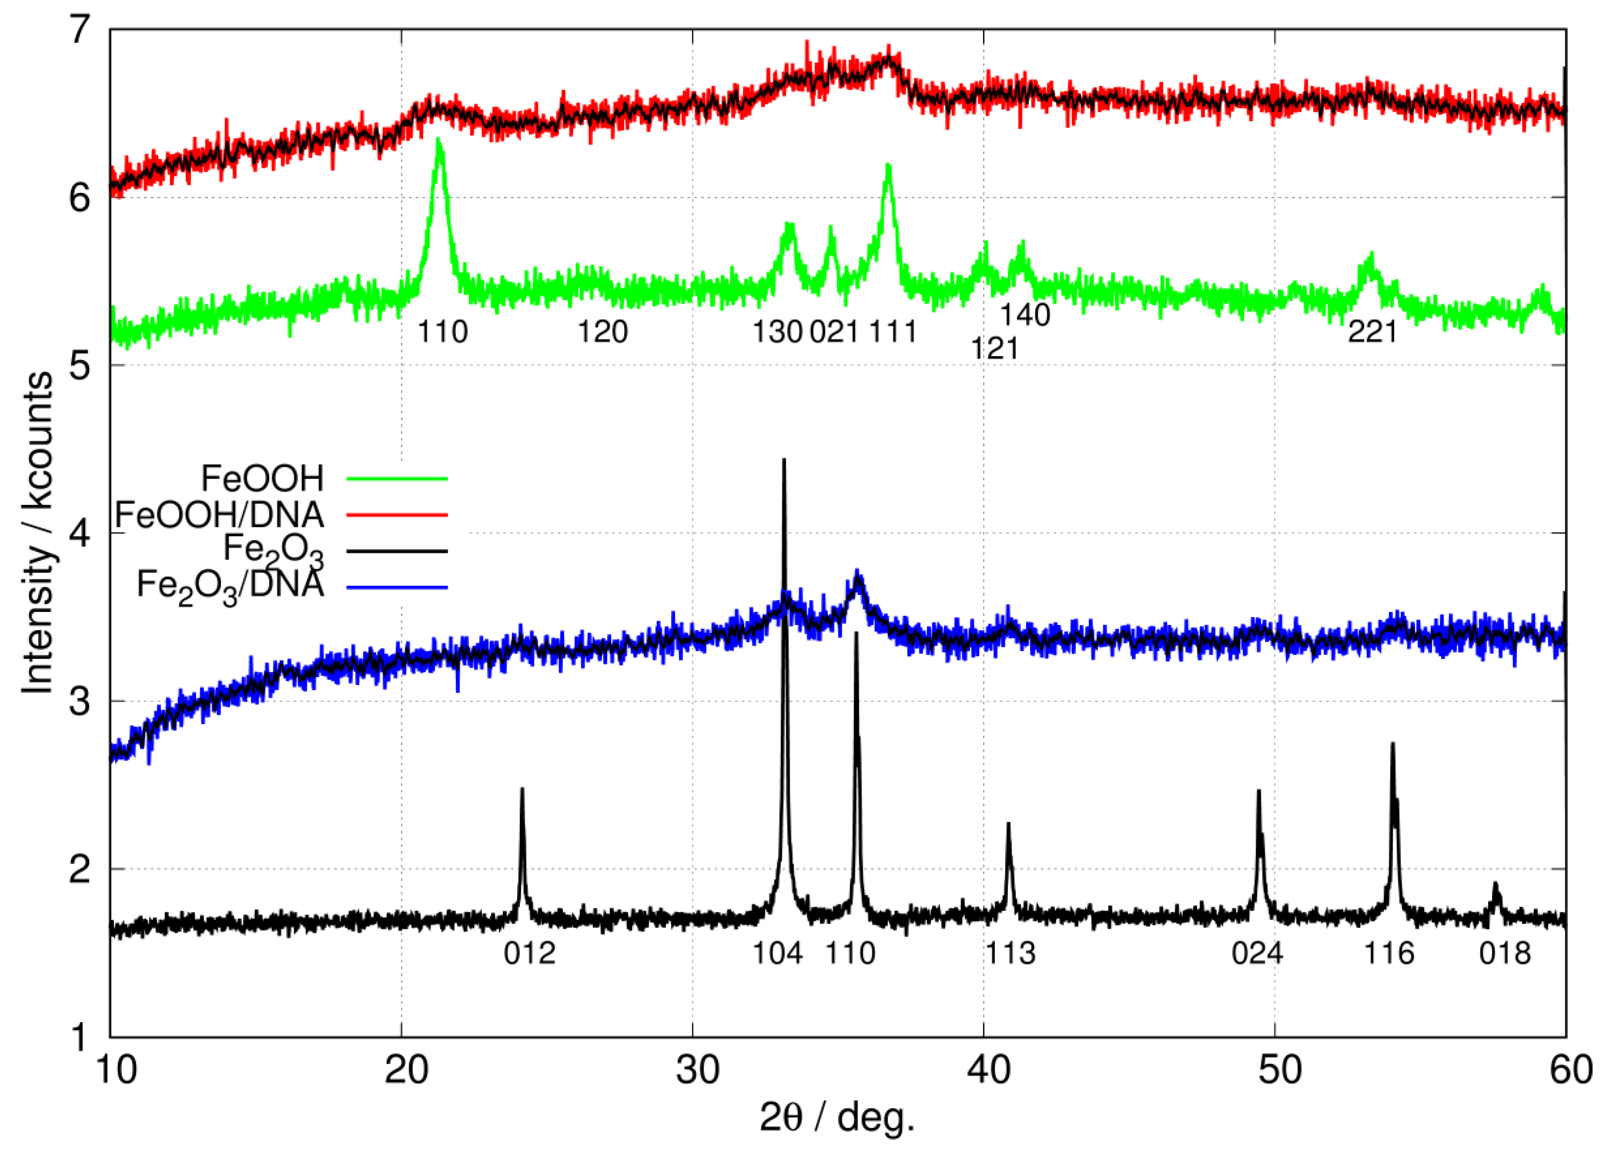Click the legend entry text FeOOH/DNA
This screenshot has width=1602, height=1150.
(x=219, y=515)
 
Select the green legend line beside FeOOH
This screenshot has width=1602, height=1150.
(x=397, y=478)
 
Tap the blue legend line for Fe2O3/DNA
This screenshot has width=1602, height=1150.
(x=397, y=587)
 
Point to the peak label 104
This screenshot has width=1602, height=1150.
(x=777, y=954)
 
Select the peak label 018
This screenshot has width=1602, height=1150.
(x=1505, y=954)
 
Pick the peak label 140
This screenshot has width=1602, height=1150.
(x=1025, y=314)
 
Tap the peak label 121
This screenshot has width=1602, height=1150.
(x=994, y=348)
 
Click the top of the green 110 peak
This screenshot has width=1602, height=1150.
(x=439, y=140)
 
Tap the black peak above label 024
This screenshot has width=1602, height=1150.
(x=1259, y=791)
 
